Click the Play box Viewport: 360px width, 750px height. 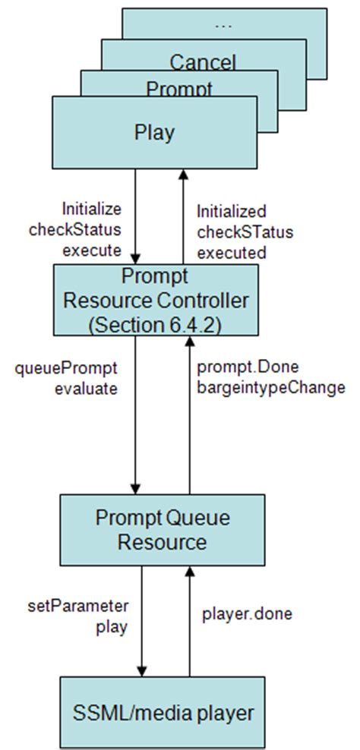[x=155, y=134]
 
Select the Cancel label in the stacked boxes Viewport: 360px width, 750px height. [x=203, y=62]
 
